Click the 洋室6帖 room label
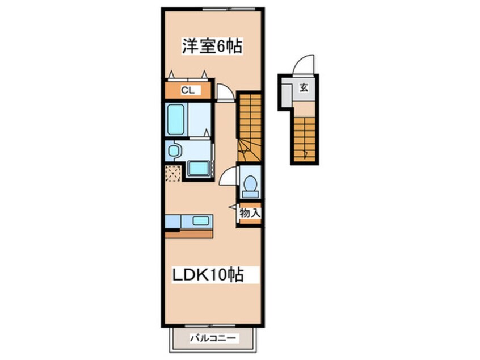coord(212,46)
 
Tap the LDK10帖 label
coord(208,274)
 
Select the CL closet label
coord(188,90)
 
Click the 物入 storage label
coord(250,213)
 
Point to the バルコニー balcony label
coord(213,338)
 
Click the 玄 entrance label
coord(304,88)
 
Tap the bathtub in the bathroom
coord(176,119)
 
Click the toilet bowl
coord(250,183)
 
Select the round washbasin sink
coord(173,150)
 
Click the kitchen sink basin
coord(200,220)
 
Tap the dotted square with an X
coord(173,173)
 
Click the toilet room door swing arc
coord(227,175)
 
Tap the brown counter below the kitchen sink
coord(189,234)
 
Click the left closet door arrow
coord(171,74)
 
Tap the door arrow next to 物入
coord(234,207)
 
